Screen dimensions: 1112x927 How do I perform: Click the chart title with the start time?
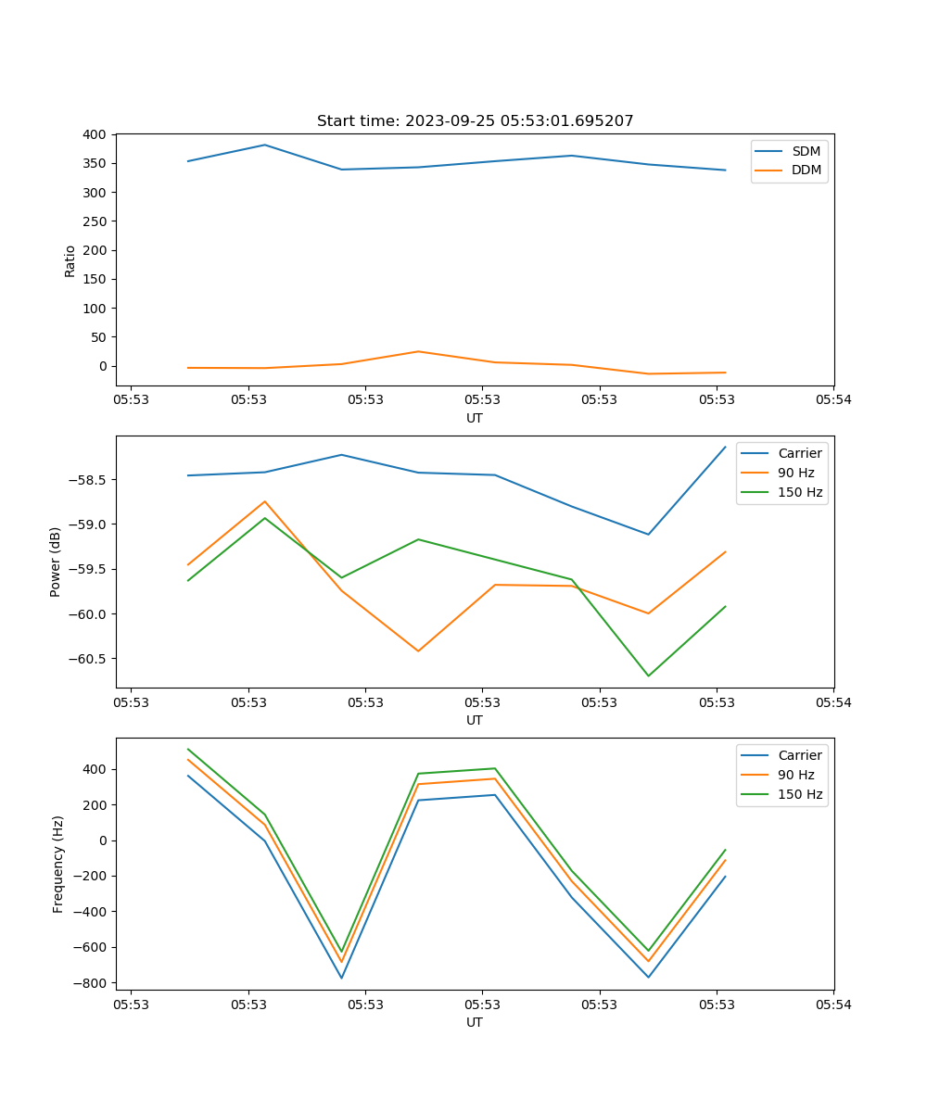475,121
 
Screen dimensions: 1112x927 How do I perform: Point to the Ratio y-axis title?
70,260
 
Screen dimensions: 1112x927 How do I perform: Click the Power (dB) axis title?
56,562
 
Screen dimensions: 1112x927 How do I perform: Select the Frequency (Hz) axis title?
57,864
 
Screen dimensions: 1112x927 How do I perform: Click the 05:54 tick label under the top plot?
832,400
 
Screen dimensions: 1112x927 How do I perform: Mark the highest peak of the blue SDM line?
264,145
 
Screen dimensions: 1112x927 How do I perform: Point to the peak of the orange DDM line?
418,351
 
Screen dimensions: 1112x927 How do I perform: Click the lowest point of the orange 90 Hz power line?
418,651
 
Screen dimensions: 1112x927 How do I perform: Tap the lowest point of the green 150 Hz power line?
648,676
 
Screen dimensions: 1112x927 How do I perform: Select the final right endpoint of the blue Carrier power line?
725,447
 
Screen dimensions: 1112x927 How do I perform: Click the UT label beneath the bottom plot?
475,1022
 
